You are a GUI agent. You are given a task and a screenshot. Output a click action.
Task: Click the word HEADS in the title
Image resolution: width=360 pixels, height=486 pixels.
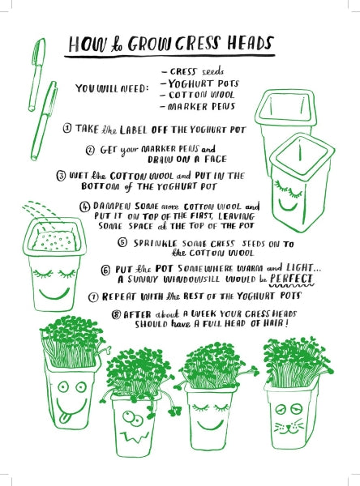point(251,44)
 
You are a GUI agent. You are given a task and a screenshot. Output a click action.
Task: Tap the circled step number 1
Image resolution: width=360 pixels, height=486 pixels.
point(67,128)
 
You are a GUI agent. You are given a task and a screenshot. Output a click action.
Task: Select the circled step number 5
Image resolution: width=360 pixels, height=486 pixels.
point(122,242)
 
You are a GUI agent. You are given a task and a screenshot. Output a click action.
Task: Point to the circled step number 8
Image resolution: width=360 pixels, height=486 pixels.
point(116,314)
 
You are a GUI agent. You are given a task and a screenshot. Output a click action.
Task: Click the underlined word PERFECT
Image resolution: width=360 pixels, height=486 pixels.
point(291,279)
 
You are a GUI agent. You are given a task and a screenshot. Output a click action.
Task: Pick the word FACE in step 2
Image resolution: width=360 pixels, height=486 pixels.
point(215,160)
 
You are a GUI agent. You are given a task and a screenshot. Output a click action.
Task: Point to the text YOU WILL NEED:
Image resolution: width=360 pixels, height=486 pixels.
point(112,88)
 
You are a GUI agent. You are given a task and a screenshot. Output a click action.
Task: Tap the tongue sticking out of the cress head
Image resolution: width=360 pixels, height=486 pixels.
point(64,419)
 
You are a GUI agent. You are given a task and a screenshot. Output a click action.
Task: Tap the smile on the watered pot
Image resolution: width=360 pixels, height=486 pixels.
point(54,293)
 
